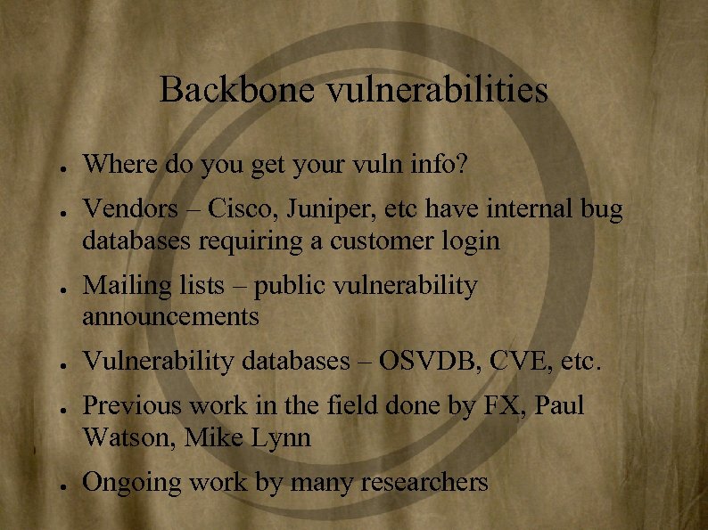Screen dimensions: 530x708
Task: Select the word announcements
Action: pos(170,316)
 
